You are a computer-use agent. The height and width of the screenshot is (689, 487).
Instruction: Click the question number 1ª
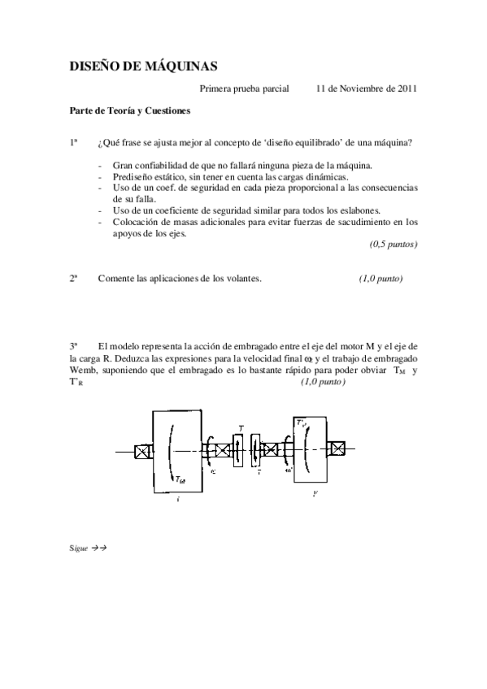[x=73, y=143]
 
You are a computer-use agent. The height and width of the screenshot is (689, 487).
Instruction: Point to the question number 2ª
[x=73, y=279]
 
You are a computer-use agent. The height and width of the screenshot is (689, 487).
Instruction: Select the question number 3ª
[x=73, y=345]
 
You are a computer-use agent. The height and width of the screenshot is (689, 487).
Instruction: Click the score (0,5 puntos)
[x=394, y=244]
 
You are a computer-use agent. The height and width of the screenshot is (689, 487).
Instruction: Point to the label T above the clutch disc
[x=240, y=427]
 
